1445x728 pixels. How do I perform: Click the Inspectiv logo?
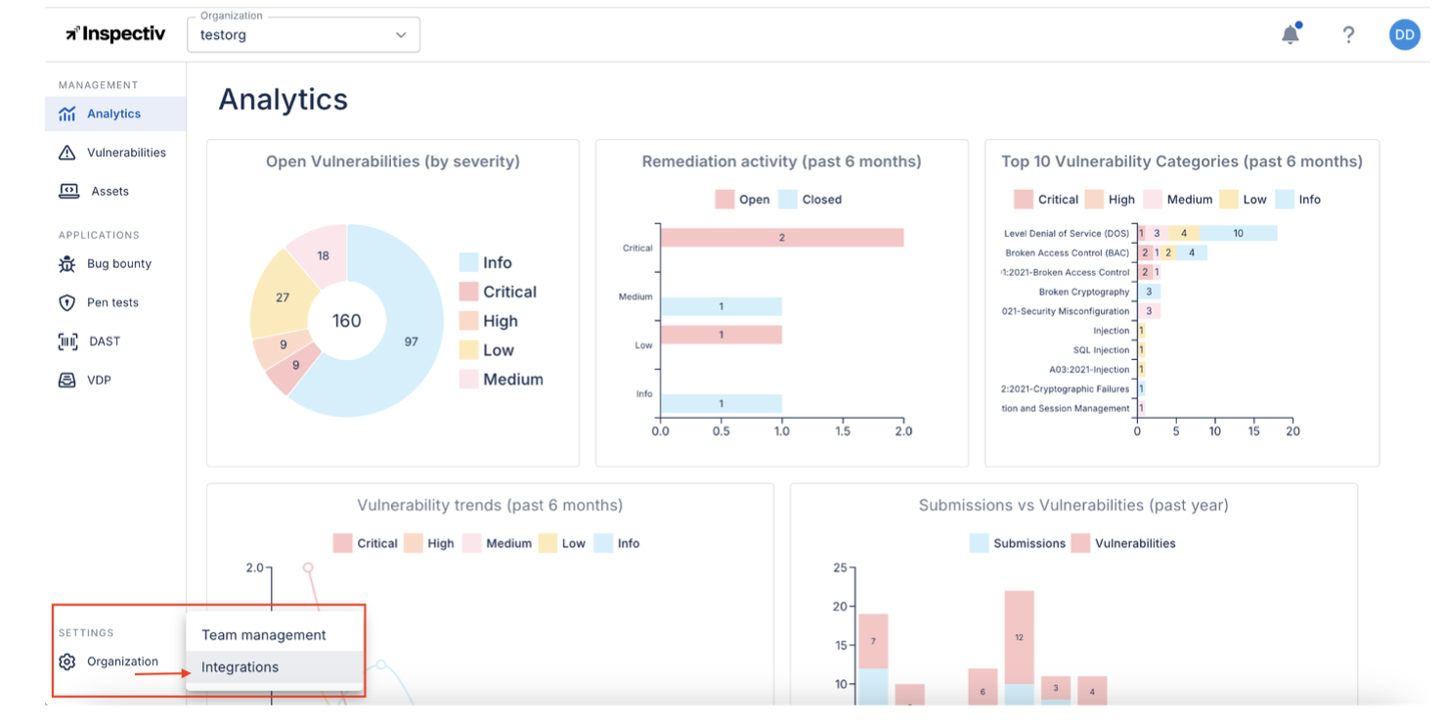[x=115, y=34]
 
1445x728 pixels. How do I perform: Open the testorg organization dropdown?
[x=303, y=35]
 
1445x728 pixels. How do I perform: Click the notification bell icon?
[x=1291, y=35]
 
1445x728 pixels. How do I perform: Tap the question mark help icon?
[x=1348, y=35]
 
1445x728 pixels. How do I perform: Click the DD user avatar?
[x=1404, y=35]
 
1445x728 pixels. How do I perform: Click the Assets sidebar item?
[x=109, y=192]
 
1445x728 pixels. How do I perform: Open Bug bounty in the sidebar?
[x=118, y=264]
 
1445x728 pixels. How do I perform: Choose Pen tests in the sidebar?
[x=112, y=302]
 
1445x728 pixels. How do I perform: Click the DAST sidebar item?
[x=104, y=341]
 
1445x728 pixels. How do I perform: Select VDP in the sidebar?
[x=99, y=381]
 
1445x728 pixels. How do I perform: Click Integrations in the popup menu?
[x=241, y=667]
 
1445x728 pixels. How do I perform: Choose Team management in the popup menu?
[x=264, y=635]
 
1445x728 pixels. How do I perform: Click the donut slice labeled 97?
[x=411, y=341]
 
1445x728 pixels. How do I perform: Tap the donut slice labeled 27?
[x=283, y=297]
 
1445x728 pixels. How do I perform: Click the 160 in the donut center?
[x=347, y=321]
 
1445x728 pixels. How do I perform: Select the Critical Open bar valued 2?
[x=781, y=238]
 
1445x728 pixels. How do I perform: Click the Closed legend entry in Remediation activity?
[x=810, y=200]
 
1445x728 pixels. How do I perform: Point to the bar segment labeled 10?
[x=1238, y=233]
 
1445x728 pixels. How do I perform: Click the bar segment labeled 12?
[x=1019, y=637]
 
